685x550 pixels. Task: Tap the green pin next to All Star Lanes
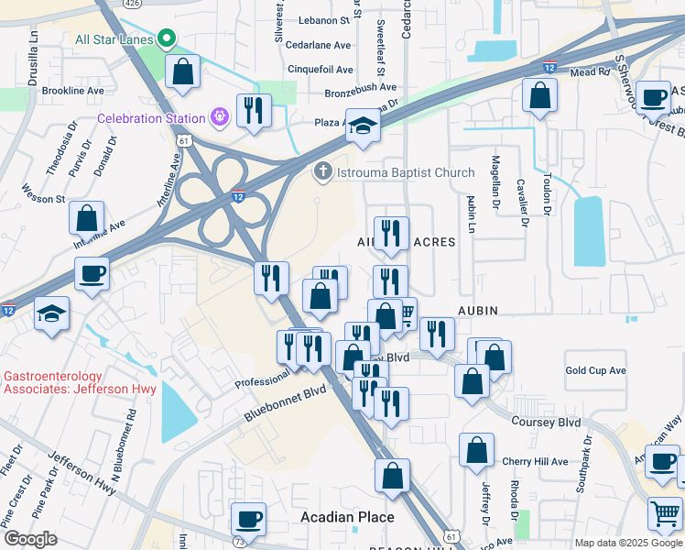(x=166, y=38)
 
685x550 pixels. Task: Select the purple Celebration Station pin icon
(x=219, y=117)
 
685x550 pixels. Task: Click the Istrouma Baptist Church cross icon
(x=321, y=171)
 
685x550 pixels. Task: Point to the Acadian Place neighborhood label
(x=347, y=517)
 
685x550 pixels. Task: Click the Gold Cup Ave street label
(x=595, y=370)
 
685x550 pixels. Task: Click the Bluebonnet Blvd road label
(x=285, y=403)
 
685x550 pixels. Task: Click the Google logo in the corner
(x=30, y=538)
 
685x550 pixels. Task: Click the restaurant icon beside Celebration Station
(x=253, y=110)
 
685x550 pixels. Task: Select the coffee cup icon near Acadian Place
(x=248, y=519)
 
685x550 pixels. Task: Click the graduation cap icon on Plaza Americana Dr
(x=364, y=127)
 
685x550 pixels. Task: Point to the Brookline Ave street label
(x=74, y=91)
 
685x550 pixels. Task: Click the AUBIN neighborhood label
(x=472, y=311)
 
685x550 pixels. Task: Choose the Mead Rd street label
(x=589, y=72)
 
